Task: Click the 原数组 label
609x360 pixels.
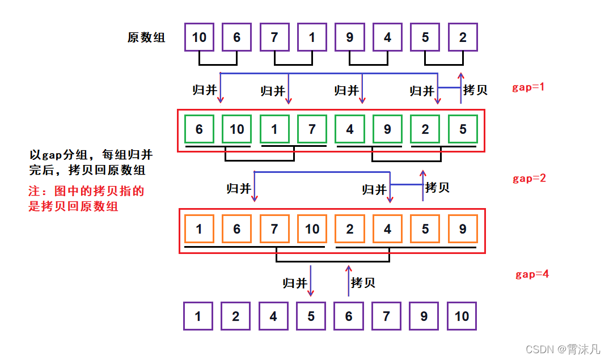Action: (x=146, y=38)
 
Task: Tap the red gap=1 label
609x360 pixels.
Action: (x=528, y=87)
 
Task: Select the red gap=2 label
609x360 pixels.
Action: (x=529, y=178)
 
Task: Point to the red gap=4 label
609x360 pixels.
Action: (x=532, y=274)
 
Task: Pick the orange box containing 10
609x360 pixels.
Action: (x=312, y=229)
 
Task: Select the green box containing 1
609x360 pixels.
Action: (x=274, y=129)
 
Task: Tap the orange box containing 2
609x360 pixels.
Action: (x=349, y=229)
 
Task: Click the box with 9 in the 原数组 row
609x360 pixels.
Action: (x=349, y=38)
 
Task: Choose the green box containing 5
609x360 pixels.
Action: (x=463, y=129)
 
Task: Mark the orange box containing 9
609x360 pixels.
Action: (x=463, y=229)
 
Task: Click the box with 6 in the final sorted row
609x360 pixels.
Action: (x=348, y=316)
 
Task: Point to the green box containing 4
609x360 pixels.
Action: (x=349, y=129)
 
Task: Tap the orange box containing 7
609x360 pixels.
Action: (x=274, y=229)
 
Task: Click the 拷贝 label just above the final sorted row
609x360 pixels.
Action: (x=363, y=282)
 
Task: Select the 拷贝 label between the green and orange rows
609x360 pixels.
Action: (x=437, y=187)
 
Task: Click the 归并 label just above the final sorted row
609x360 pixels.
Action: (x=295, y=282)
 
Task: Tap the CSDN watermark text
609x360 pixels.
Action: (x=562, y=349)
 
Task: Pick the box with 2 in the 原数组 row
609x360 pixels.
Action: (x=463, y=38)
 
